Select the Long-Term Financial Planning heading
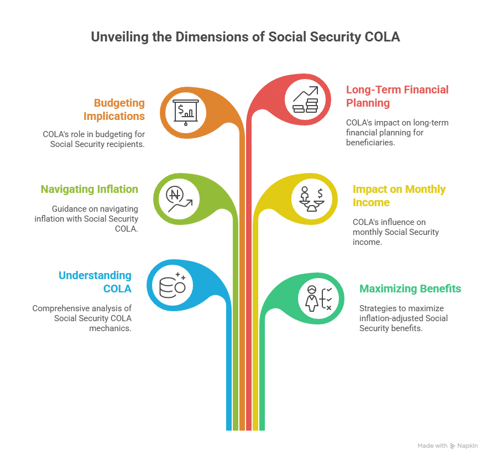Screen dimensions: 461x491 coord(397,96)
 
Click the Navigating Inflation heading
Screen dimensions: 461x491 coord(89,189)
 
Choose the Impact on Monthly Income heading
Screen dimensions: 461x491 coord(399,196)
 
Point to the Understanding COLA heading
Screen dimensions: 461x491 coord(95,282)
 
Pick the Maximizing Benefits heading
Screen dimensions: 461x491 coord(410,289)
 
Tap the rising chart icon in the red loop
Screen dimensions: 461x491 coord(305,100)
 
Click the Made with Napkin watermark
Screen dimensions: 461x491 coord(447,445)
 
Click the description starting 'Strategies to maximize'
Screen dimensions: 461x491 coord(403,318)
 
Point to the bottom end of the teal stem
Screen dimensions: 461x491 coord(262,427)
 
